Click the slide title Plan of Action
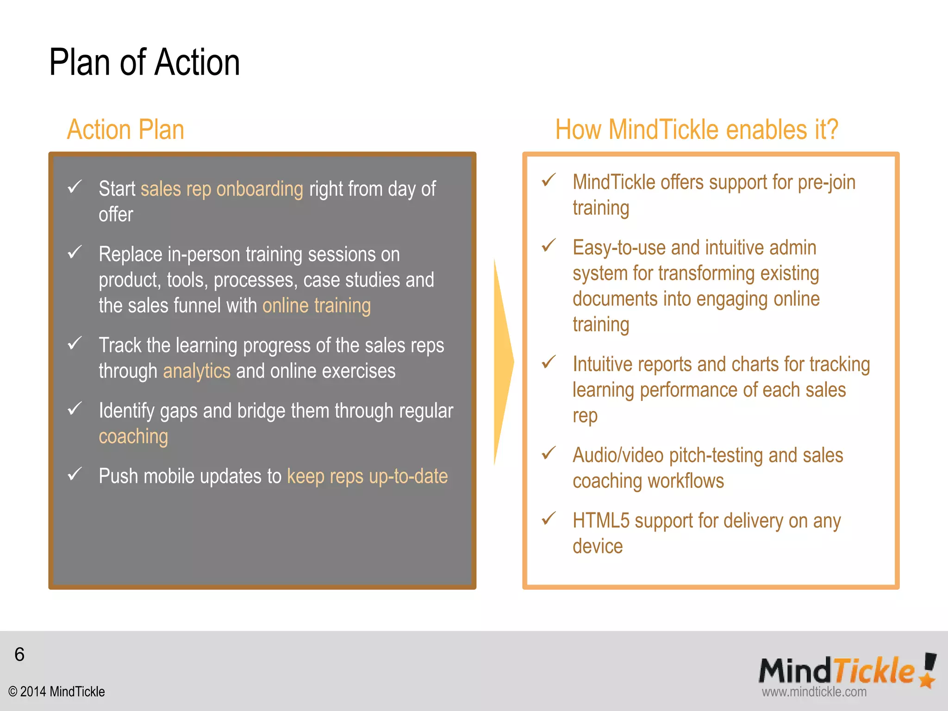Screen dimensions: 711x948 tap(144, 62)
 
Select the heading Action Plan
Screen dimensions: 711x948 tap(125, 130)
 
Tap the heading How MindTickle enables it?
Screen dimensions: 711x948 tap(697, 130)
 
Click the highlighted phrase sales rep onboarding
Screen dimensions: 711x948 tap(222, 189)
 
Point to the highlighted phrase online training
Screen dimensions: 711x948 tap(317, 306)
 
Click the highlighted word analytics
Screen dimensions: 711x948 tap(197, 371)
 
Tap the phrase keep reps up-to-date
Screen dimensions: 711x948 tap(368, 476)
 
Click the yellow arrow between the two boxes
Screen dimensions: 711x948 tap(503, 362)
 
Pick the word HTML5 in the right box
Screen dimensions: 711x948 tap(601, 521)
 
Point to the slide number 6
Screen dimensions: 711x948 tap(19, 655)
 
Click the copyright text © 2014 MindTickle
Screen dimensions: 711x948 tap(56, 692)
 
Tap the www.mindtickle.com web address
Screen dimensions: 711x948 tap(814, 692)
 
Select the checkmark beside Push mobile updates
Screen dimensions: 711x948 tap(75, 474)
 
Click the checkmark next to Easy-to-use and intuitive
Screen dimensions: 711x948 tap(549, 245)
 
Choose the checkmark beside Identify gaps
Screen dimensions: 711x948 tap(75, 409)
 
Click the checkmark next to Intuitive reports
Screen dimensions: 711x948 tap(549, 362)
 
